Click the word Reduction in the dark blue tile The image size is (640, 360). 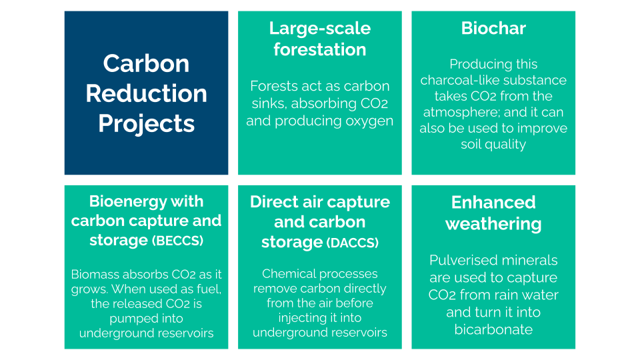point(146,93)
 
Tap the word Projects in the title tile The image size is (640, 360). point(146,124)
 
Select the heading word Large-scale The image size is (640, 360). point(319,29)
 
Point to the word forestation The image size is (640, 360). point(319,49)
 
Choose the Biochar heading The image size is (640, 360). point(493,28)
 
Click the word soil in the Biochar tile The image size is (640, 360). point(469,144)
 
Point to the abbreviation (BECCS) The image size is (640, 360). point(177,241)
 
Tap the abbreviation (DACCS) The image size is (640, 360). point(352,243)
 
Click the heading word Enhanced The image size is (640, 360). point(493,203)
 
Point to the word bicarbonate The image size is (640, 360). point(493,329)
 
